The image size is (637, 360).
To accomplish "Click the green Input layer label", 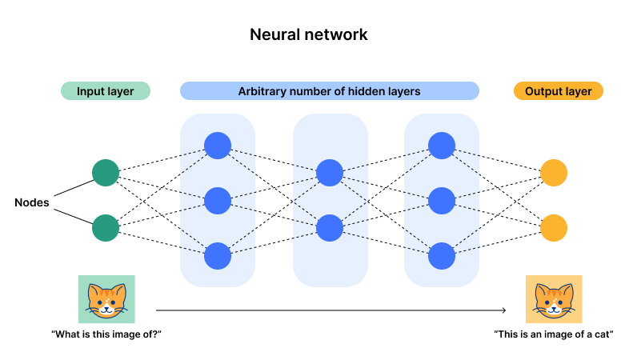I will click(105, 91).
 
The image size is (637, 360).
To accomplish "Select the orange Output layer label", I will click(558, 91).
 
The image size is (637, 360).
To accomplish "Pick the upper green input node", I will click(106, 173).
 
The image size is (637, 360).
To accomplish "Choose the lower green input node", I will click(106, 228).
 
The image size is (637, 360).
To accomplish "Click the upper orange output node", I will click(554, 173).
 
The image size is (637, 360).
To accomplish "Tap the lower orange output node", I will click(554, 228).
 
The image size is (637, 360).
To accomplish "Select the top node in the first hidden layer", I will click(218, 146).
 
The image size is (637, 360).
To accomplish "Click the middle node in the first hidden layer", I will click(218, 201).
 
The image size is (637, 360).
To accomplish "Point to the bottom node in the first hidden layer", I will click(218, 256).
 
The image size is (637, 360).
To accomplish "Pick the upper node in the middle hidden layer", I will click(330, 173).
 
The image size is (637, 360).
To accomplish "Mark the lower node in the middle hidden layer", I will click(330, 228).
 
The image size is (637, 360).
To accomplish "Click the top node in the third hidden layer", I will click(442, 146).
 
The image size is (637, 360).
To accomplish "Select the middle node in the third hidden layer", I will click(442, 201).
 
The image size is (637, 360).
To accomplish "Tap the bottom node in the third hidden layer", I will click(442, 256).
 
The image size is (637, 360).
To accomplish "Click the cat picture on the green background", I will click(106, 300).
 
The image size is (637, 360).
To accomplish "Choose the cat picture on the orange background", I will click(554, 300).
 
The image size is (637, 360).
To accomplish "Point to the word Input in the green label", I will click(90, 91).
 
